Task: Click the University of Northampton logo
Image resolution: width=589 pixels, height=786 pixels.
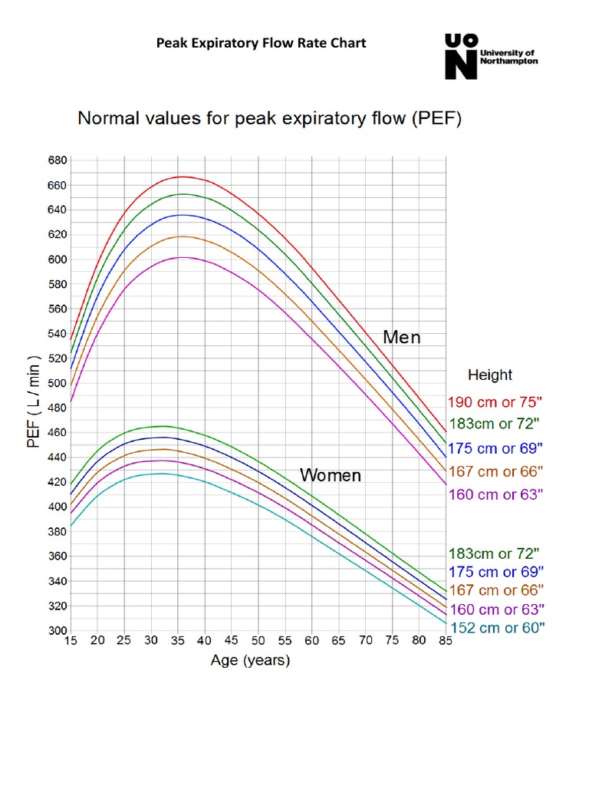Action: coord(491,55)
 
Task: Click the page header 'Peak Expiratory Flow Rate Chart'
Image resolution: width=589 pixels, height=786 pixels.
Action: coord(261,43)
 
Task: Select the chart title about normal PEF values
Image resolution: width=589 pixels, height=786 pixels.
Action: coord(268,120)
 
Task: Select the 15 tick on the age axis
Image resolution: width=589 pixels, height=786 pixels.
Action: coord(71,641)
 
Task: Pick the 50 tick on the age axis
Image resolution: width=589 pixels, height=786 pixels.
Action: coord(258,641)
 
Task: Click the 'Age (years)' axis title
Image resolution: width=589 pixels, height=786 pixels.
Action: coord(250,660)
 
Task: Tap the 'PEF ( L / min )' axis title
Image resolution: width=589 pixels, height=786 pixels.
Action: coord(35,404)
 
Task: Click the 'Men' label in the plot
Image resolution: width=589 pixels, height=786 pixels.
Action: coord(402,338)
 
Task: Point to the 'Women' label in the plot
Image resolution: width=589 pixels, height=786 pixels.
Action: coord(330,476)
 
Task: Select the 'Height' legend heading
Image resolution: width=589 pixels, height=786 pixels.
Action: coord(490,375)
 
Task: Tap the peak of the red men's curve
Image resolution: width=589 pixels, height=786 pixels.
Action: coord(181,177)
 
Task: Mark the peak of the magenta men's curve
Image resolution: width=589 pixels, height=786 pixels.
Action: coord(183,257)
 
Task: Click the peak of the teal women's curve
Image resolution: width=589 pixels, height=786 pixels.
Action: coord(161,474)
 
